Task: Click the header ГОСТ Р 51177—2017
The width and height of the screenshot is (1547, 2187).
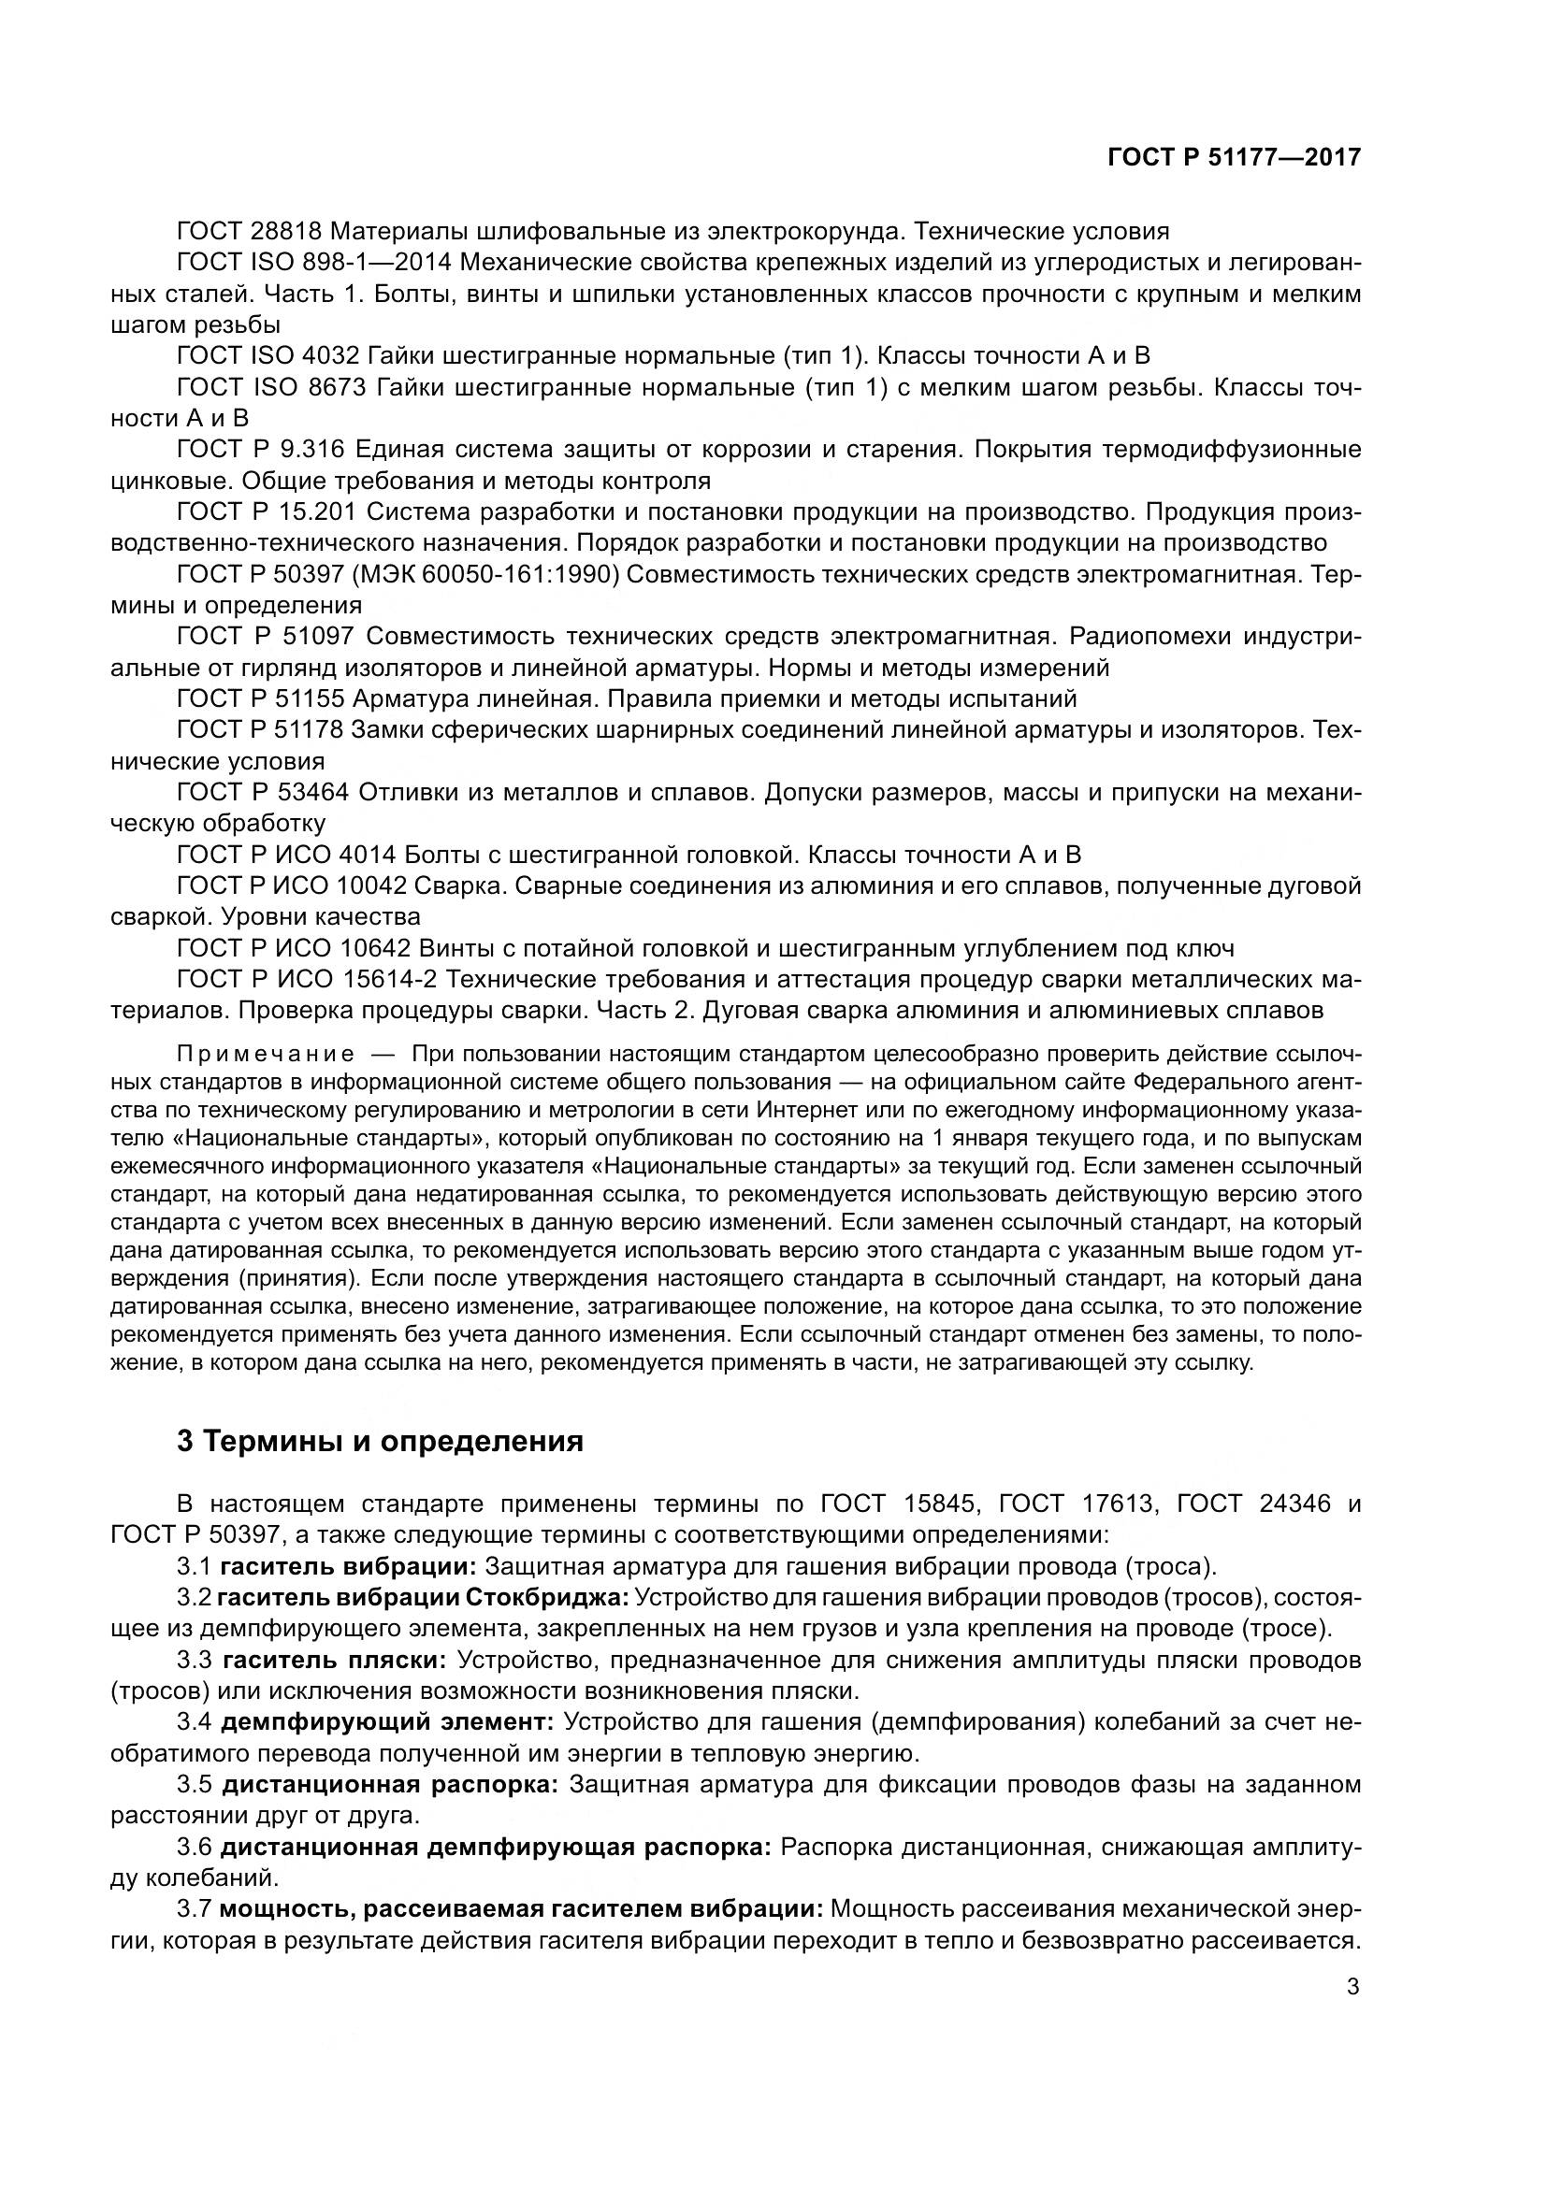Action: pos(1234,157)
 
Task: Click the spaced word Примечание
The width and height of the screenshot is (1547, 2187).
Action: pos(266,1055)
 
